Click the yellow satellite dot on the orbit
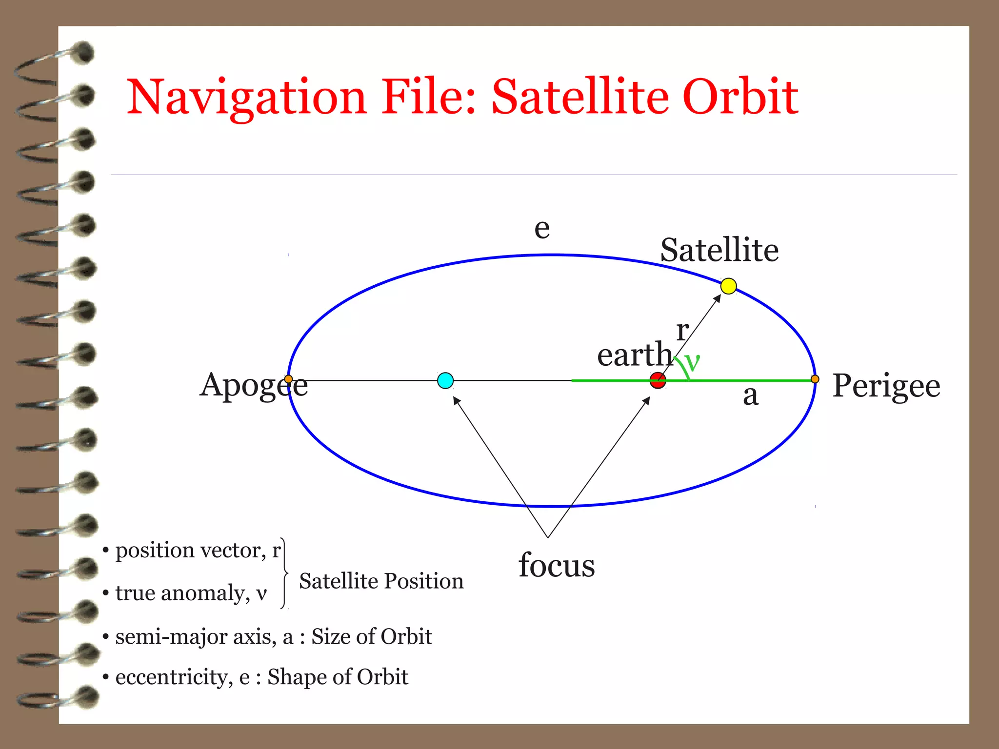pyautogui.click(x=728, y=286)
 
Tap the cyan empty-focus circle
pyautogui.click(x=445, y=380)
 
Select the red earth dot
pyautogui.click(x=658, y=380)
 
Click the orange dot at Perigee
pyautogui.click(x=815, y=379)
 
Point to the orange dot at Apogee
pyautogui.click(x=288, y=379)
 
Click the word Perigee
pyautogui.click(x=886, y=386)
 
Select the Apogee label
pyautogui.click(x=254, y=386)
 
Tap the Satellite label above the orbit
pyautogui.click(x=719, y=250)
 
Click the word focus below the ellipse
pyautogui.click(x=557, y=565)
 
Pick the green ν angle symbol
pyautogui.click(x=692, y=363)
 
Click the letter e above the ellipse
pyautogui.click(x=542, y=228)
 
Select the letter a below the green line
pyautogui.click(x=751, y=395)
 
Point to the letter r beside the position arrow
pyautogui.click(x=682, y=331)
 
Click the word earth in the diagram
pyautogui.click(x=635, y=355)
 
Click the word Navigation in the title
pyautogui.click(x=246, y=98)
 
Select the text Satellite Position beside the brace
pyautogui.click(x=381, y=581)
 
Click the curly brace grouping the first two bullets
pyautogui.click(x=284, y=573)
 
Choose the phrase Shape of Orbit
pyautogui.click(x=338, y=677)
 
